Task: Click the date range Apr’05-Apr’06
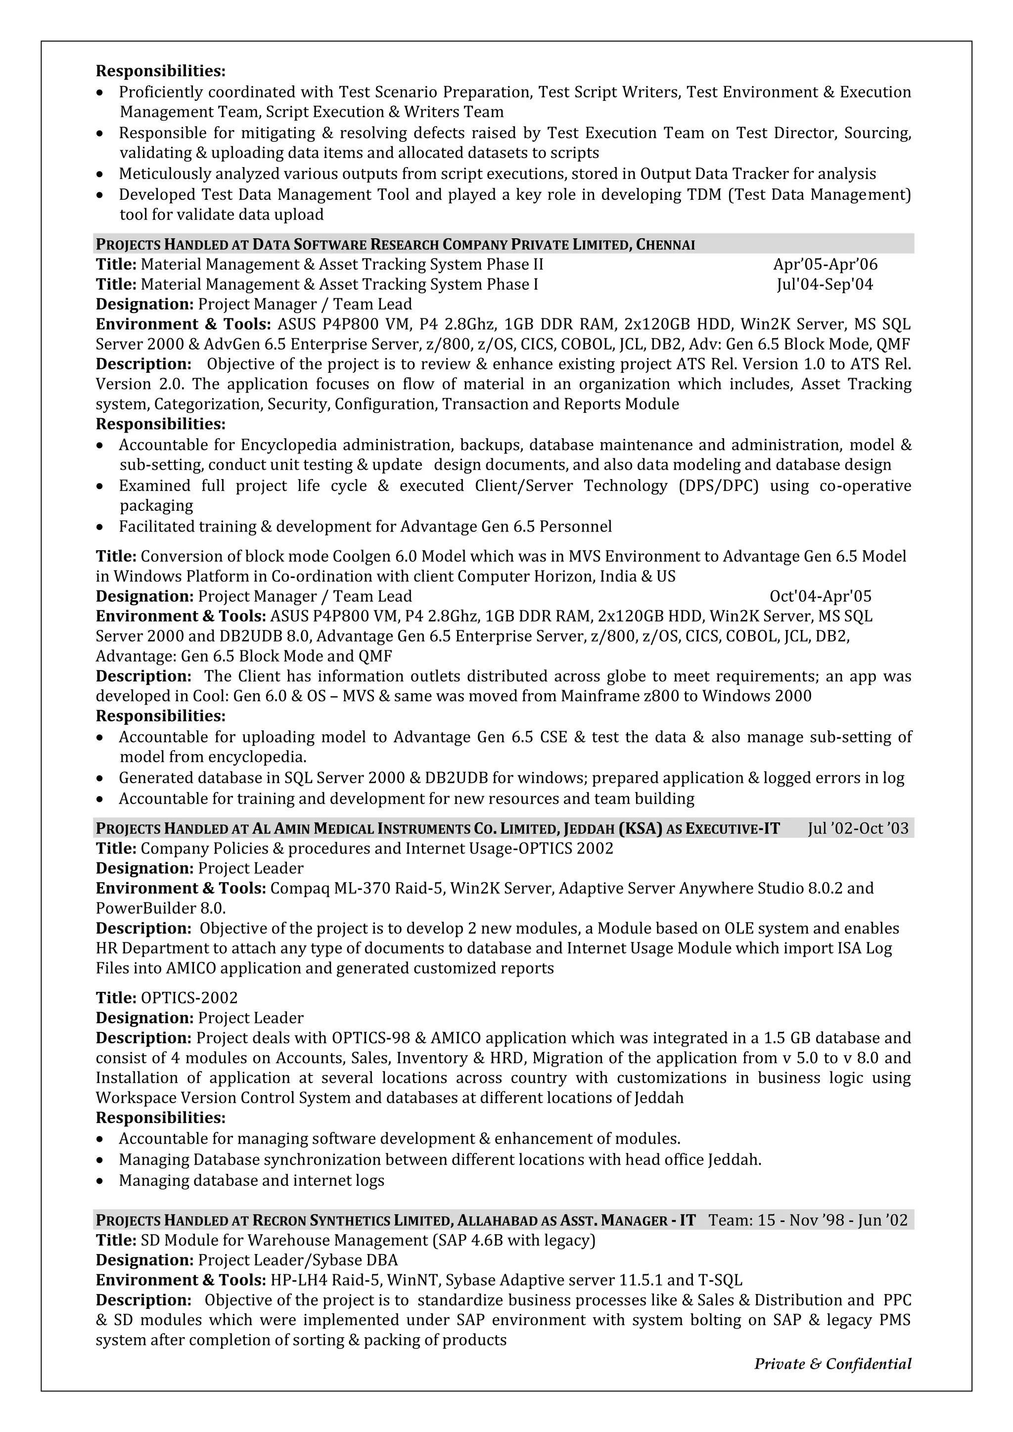coord(825,265)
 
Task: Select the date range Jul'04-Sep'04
coord(825,284)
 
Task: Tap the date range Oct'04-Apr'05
coord(820,596)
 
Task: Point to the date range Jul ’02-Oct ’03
coord(858,828)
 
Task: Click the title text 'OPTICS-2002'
coord(189,998)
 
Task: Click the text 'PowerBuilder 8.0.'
coord(160,907)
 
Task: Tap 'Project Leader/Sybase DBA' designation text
coord(298,1260)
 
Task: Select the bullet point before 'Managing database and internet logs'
coord(100,1181)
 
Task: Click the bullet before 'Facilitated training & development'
coord(100,528)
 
